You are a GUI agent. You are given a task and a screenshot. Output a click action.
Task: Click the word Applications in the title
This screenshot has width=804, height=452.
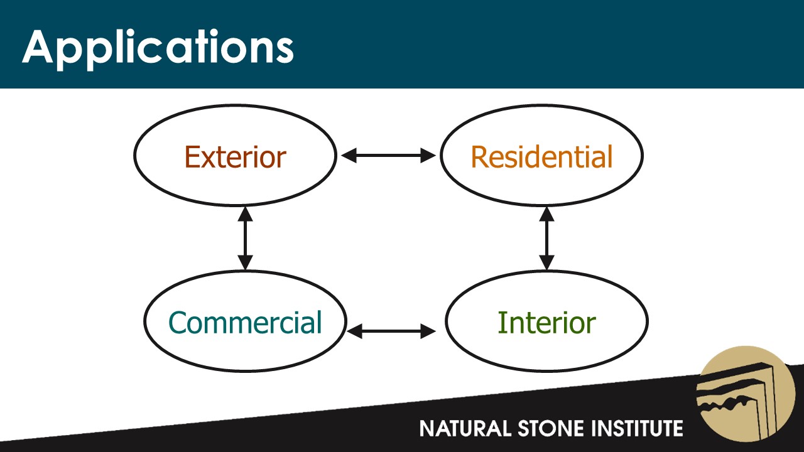click(158, 46)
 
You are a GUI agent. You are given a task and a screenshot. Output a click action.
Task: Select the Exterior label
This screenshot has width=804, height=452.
click(236, 157)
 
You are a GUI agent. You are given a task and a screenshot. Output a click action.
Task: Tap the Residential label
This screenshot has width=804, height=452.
click(541, 157)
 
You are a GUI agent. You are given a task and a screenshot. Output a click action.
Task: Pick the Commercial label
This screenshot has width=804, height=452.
click(245, 322)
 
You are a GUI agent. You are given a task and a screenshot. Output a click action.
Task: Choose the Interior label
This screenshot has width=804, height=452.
click(546, 322)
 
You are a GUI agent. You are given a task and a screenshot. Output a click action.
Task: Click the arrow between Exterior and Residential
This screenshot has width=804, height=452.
click(388, 155)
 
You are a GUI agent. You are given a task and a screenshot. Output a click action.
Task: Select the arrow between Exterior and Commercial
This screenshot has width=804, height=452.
click(245, 239)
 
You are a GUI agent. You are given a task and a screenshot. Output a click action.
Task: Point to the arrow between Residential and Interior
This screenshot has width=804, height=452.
click(547, 239)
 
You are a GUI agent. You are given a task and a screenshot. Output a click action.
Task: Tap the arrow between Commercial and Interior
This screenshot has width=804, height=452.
click(391, 331)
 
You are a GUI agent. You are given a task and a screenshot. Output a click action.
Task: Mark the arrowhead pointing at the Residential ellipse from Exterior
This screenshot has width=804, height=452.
click(429, 155)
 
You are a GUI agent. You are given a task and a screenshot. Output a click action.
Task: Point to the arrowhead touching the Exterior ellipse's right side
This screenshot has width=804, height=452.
click(348, 155)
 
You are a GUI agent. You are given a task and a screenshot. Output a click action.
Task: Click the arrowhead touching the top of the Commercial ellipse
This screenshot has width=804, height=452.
click(245, 263)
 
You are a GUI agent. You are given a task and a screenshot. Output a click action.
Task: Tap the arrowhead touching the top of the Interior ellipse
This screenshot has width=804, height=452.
click(547, 263)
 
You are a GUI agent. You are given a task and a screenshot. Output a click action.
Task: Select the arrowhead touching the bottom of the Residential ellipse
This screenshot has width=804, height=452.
click(547, 213)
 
